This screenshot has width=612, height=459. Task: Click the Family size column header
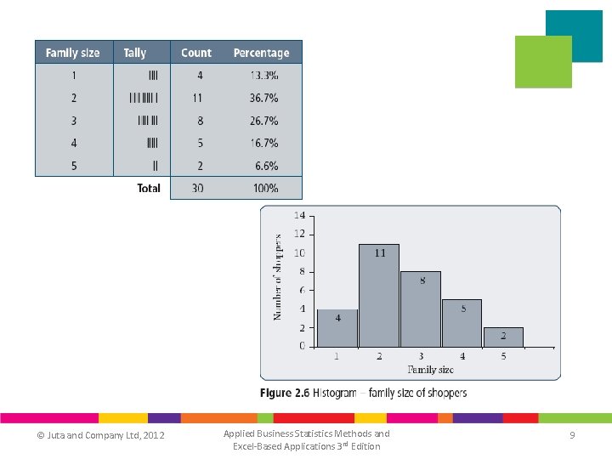tap(72, 53)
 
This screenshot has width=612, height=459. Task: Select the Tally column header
tap(135, 53)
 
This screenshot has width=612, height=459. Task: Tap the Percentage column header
tap(261, 53)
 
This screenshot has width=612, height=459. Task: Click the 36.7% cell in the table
tap(263, 99)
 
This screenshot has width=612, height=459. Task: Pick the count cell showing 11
tap(196, 99)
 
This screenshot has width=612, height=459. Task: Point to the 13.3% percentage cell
tap(263, 76)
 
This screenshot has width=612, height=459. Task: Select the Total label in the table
tap(149, 188)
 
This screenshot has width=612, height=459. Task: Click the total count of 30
tap(196, 188)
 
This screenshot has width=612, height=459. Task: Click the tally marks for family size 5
tap(153, 166)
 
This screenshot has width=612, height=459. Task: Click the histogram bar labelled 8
tap(421, 309)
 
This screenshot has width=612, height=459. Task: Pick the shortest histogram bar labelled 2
tap(503, 337)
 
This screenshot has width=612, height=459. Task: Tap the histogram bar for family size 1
tap(337, 328)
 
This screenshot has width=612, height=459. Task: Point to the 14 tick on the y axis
tap(300, 216)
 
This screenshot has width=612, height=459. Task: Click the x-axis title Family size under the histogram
tap(430, 370)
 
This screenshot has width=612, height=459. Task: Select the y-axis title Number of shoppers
tap(277, 277)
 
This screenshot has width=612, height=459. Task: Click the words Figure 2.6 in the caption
tap(283, 393)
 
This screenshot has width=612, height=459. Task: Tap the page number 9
tap(572, 435)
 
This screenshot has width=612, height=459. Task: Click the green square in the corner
tap(544, 62)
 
